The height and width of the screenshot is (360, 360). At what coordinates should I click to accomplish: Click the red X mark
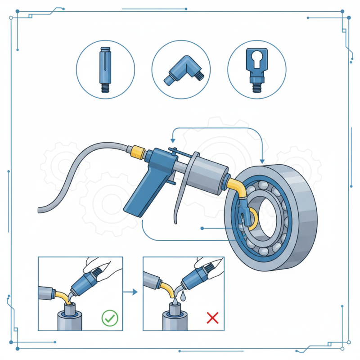(212, 319)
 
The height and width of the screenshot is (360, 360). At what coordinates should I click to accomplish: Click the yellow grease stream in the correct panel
(67, 297)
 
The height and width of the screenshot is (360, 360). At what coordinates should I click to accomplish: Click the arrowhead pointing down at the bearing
(262, 161)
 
